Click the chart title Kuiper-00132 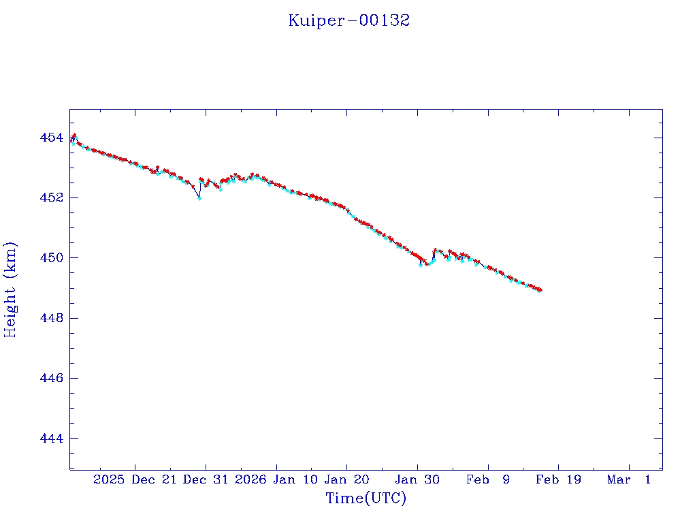(x=348, y=20)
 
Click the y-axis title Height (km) (x=10, y=289)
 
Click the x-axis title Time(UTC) (x=366, y=498)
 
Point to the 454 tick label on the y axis (x=51, y=138)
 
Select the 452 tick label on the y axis (x=51, y=198)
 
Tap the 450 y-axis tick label (x=51, y=258)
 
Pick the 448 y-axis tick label (x=51, y=318)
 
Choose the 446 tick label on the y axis (x=51, y=378)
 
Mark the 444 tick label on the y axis (x=51, y=438)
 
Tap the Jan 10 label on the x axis (x=294, y=480)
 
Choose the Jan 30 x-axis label (x=417, y=480)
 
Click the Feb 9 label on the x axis (x=488, y=480)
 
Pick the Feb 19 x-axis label (x=558, y=480)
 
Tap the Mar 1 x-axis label (x=629, y=480)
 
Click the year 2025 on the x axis (x=109, y=480)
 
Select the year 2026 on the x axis (x=250, y=480)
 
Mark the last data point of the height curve (x=540, y=290)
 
